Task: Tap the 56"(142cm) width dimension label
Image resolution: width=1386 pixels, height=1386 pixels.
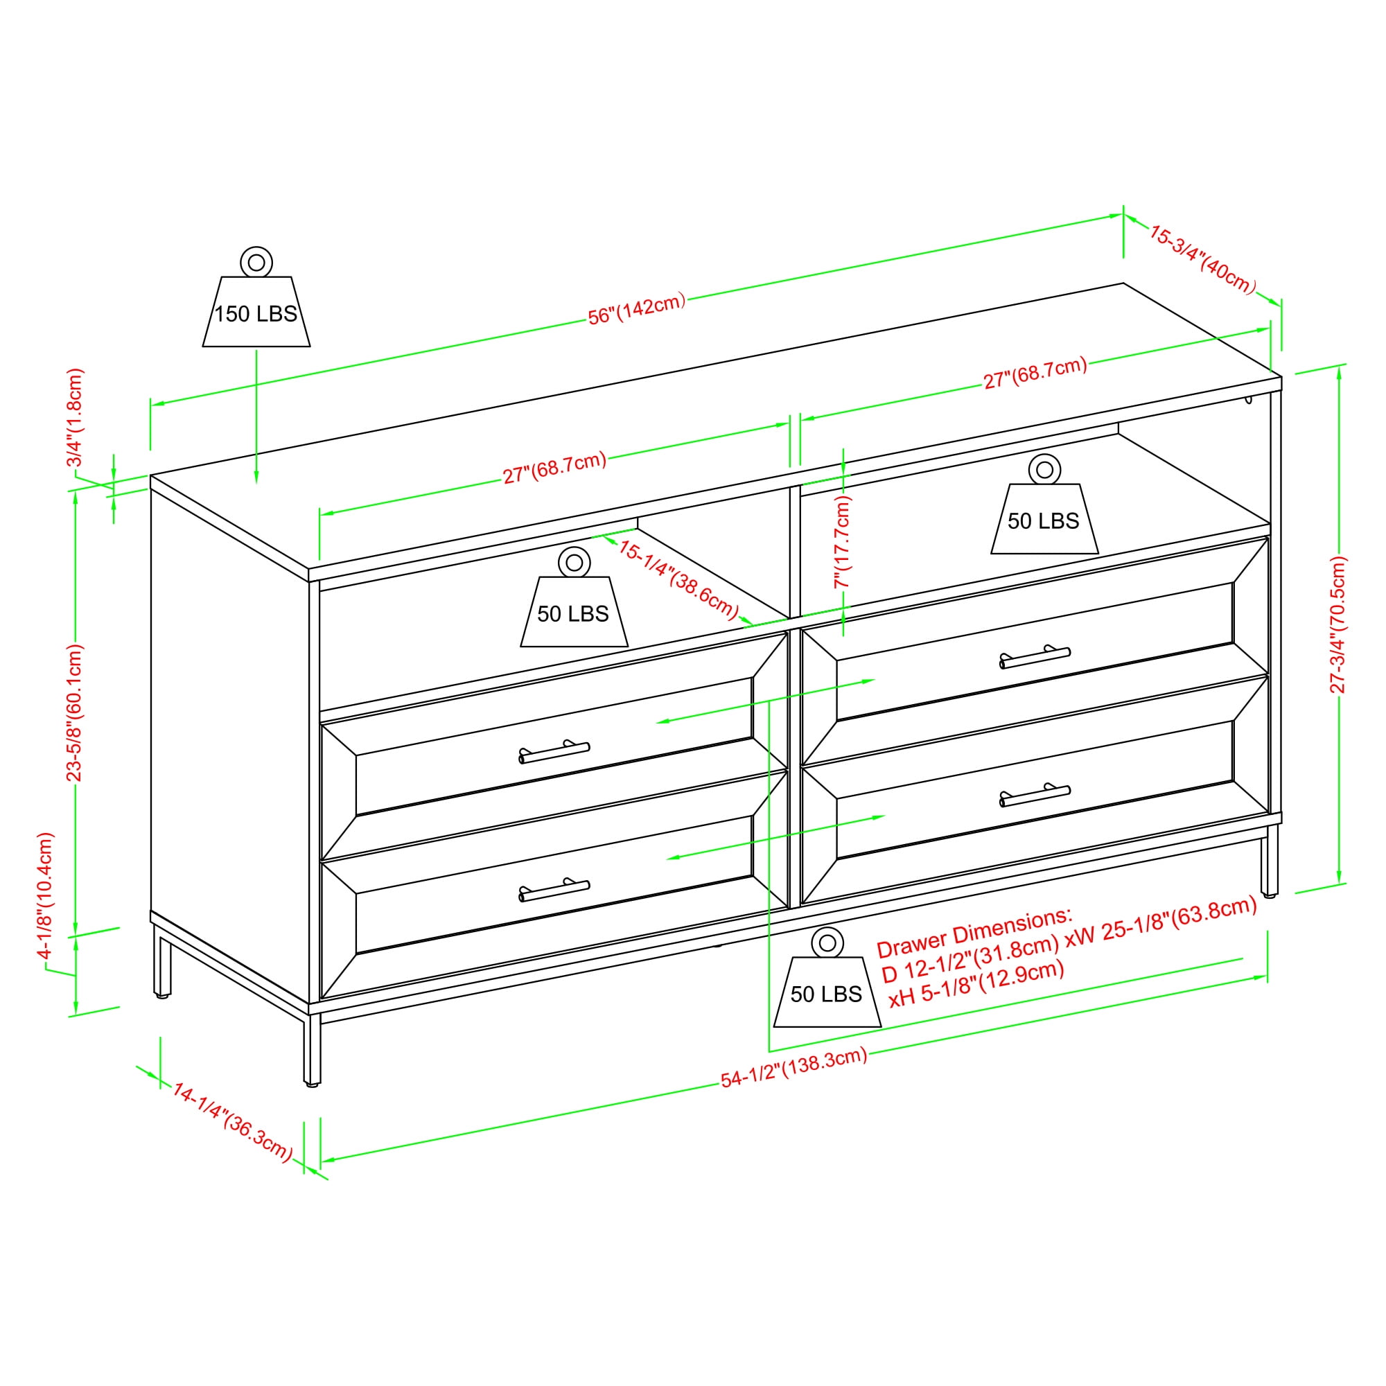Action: (x=636, y=309)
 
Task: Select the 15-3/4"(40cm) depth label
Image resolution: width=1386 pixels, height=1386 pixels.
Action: (x=1202, y=260)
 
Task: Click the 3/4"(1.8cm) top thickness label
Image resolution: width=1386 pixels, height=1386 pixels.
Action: (x=76, y=417)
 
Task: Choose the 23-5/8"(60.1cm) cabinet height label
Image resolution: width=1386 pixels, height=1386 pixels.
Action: (x=75, y=712)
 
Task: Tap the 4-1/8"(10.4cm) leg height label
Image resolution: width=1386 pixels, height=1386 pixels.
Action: (x=46, y=896)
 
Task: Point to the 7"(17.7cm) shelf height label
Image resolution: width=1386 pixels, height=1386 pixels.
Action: (x=842, y=542)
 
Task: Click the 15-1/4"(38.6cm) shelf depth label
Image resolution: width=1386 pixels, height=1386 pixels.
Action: (x=678, y=579)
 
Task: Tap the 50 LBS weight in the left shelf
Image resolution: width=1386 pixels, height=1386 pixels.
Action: (x=574, y=597)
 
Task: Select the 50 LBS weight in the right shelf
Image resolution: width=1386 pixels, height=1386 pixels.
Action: (x=1044, y=505)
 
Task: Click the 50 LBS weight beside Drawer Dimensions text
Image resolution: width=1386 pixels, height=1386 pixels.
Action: (x=827, y=977)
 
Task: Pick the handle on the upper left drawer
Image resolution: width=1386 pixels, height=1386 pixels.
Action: (x=554, y=752)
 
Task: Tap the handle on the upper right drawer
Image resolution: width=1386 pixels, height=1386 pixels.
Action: (x=1035, y=656)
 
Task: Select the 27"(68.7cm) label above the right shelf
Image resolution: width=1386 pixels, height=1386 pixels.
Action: (x=1035, y=373)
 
